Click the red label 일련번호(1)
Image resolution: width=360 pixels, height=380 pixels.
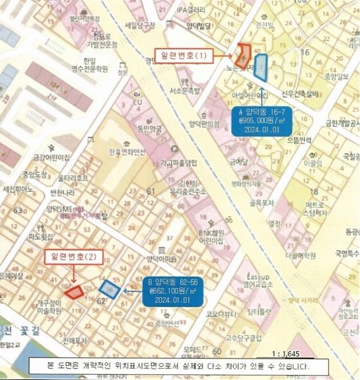tap(183, 55)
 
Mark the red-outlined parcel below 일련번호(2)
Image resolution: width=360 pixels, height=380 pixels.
tap(75, 291)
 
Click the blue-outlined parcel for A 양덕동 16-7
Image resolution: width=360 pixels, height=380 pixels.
tap(260, 66)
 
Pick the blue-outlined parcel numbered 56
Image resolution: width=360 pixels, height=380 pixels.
tap(110, 288)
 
